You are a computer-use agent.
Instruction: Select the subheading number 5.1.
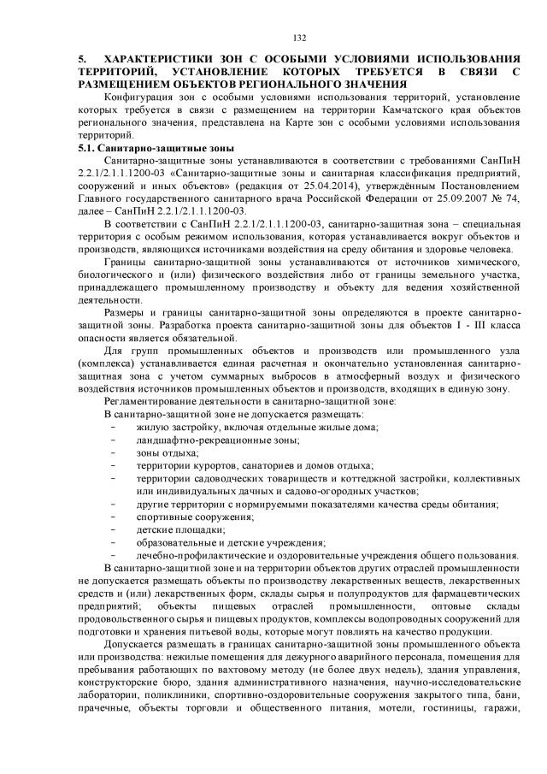click(84, 148)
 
